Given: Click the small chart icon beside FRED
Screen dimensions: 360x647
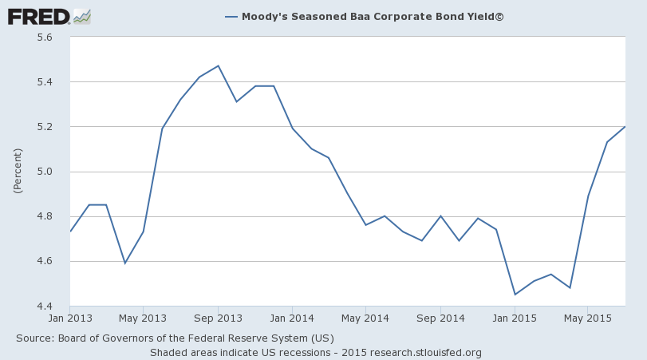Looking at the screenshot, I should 82,16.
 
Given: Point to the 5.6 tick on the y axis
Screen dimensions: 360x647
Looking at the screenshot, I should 44,38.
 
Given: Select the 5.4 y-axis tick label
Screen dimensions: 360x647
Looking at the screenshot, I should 44,82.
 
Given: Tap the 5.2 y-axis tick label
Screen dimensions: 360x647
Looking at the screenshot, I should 44,127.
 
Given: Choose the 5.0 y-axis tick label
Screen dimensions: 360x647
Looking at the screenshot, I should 44,172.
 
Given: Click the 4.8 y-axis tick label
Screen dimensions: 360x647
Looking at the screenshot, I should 44,216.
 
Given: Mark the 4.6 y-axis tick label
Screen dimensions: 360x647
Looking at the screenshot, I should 44,261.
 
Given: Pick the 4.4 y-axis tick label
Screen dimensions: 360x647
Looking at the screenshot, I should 44,307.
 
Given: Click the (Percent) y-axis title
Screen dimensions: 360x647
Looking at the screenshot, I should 18,172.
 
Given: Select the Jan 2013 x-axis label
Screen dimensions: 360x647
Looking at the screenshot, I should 70,318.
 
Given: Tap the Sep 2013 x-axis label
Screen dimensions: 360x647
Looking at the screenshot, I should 218,318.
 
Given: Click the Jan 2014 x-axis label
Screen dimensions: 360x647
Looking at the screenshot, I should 292,318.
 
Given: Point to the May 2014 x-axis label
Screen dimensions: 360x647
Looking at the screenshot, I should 365,318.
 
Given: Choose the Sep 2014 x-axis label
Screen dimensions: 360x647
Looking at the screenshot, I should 440,318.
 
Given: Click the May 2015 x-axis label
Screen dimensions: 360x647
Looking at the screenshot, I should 587,318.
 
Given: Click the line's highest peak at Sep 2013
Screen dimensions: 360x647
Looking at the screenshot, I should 218,66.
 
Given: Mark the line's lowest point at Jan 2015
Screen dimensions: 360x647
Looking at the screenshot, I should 515,295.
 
